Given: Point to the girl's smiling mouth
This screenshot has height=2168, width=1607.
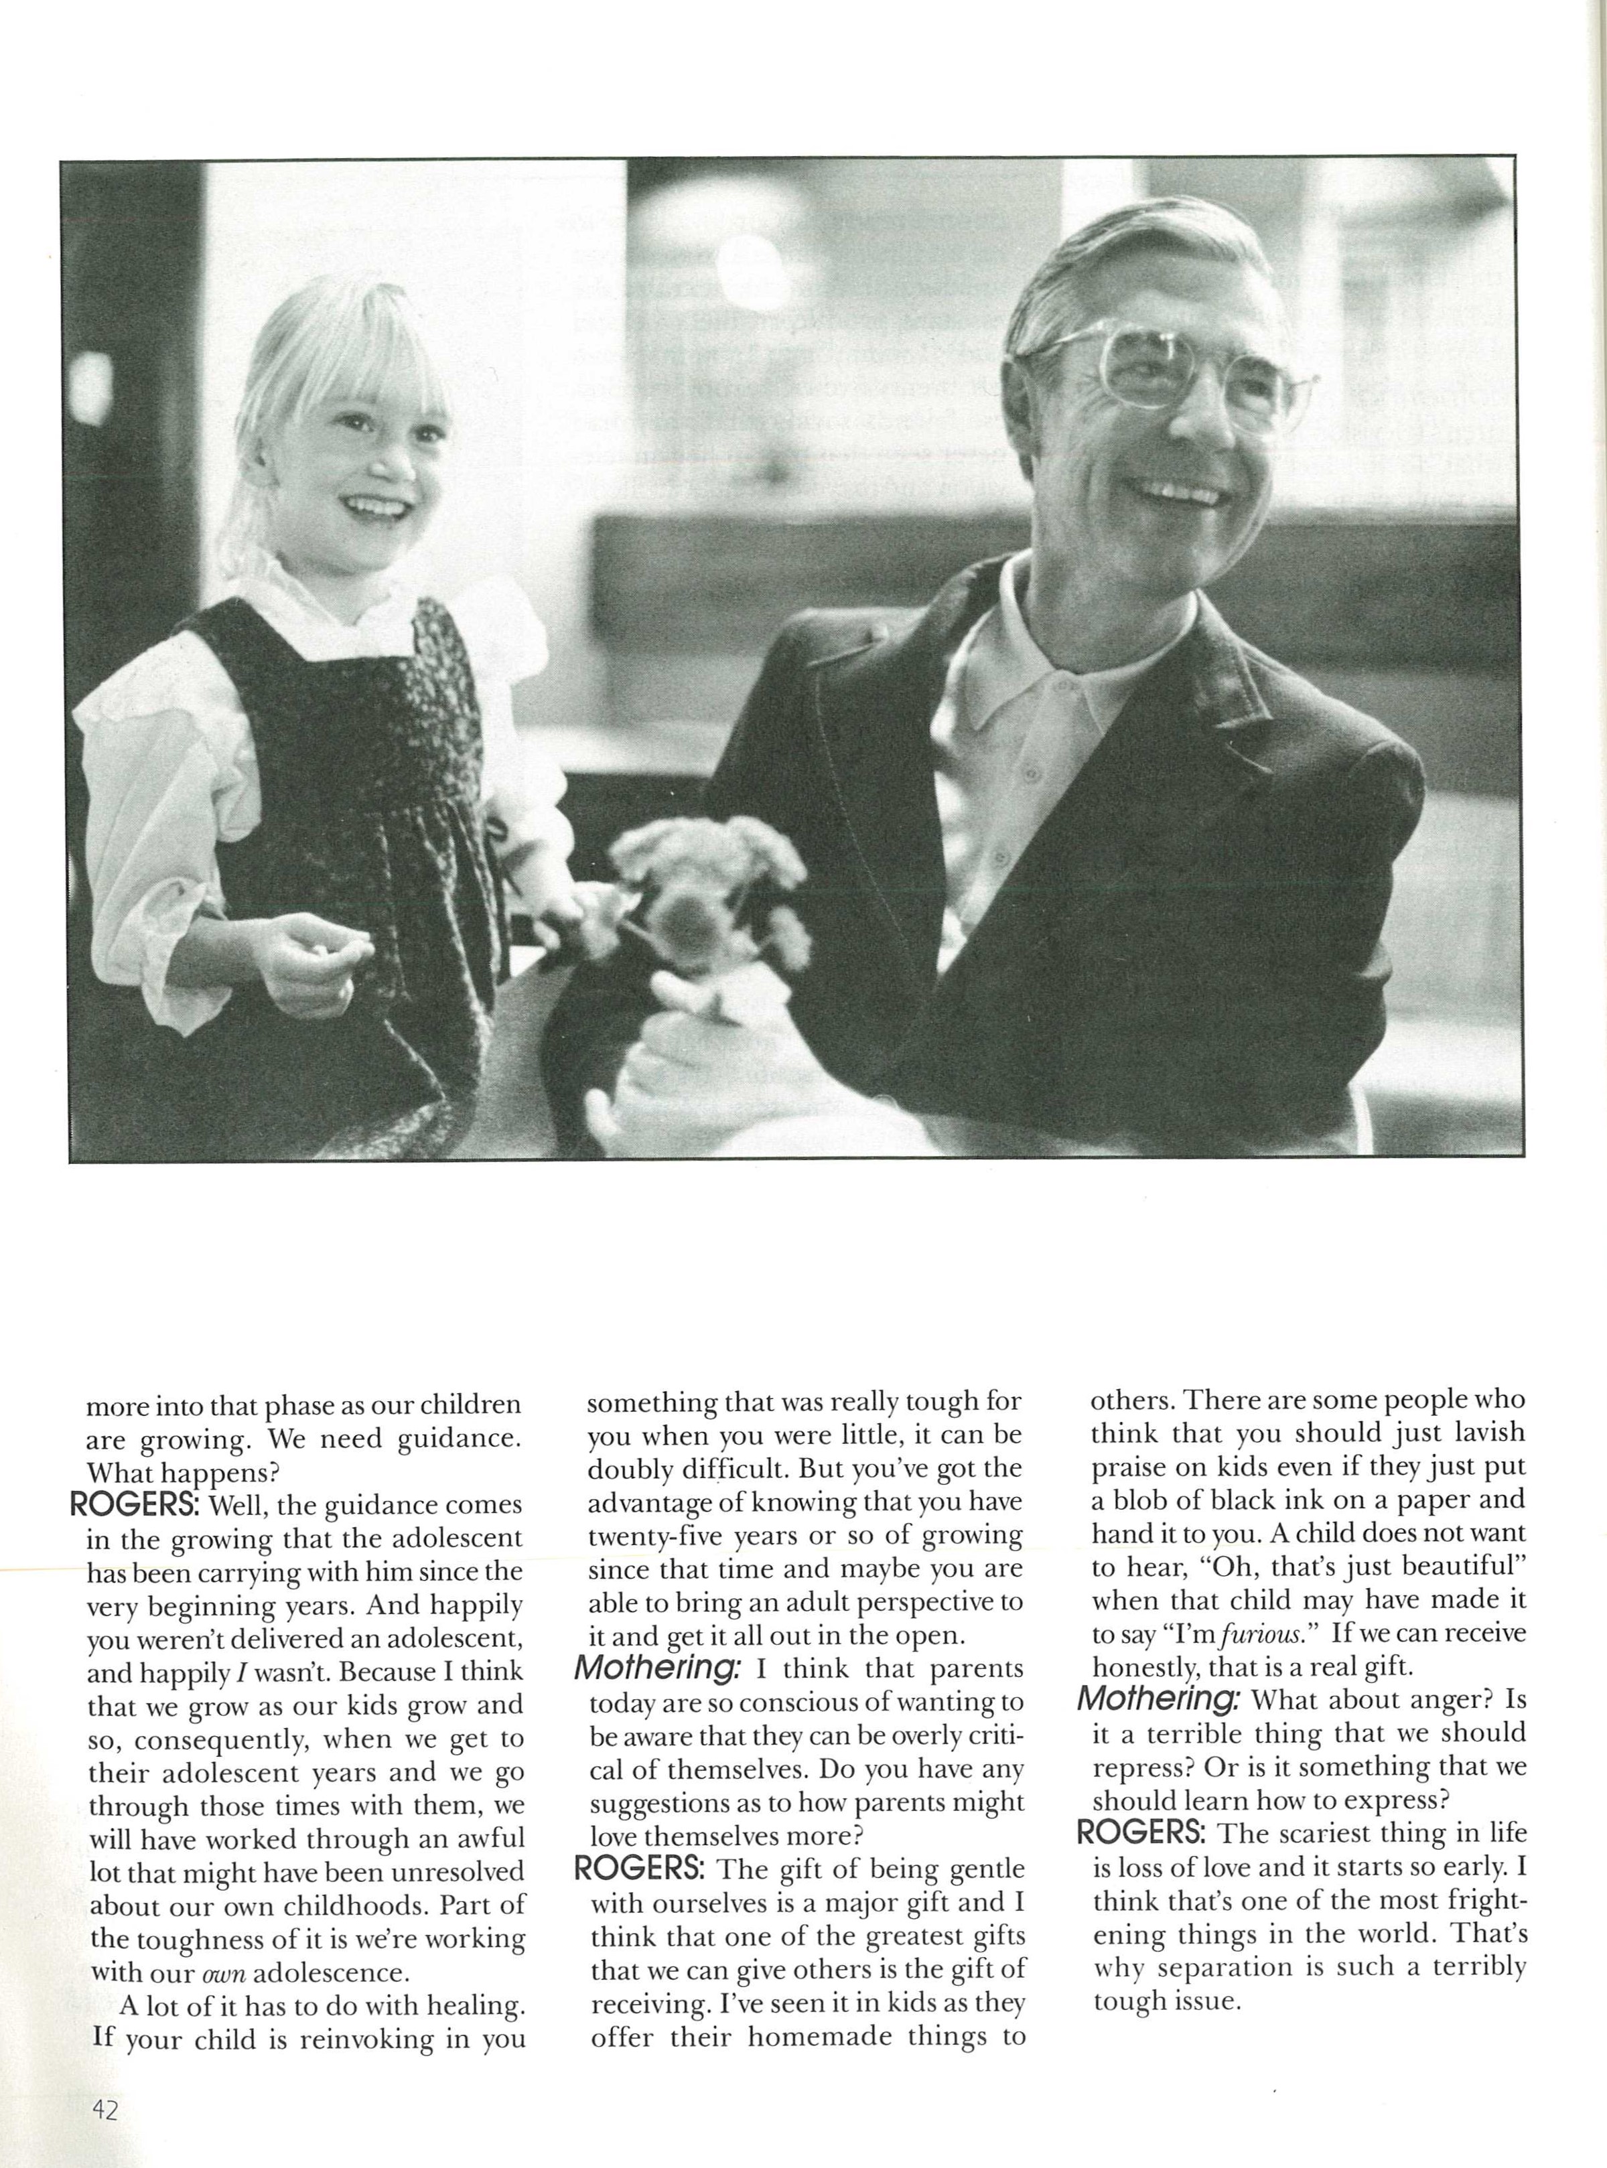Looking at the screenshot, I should click(x=376, y=508).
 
